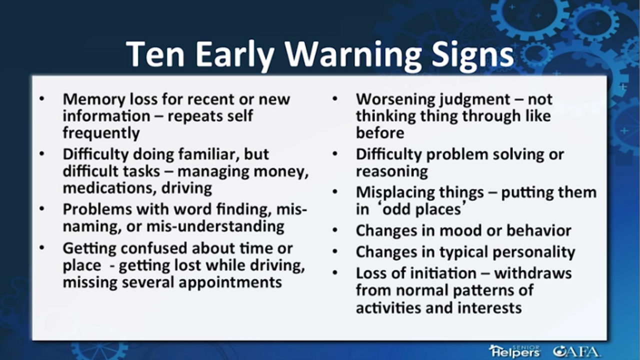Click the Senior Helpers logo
click(514, 351)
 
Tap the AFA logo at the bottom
click(576, 351)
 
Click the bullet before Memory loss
click(42, 98)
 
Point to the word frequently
click(101, 133)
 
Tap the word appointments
click(230, 282)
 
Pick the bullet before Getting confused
click(42, 247)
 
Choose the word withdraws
click(533, 273)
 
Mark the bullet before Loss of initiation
click(335, 272)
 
